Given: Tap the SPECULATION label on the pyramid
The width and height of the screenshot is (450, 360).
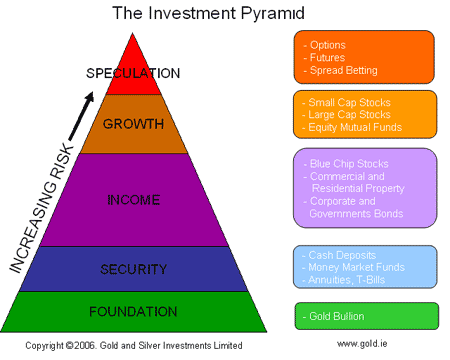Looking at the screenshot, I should (x=133, y=73).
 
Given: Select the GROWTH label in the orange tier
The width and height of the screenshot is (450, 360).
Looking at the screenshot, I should (x=134, y=125).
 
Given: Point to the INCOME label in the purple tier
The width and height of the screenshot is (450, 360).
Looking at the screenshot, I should (x=133, y=200).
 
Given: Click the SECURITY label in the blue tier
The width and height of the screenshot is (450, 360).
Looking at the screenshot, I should (x=133, y=268).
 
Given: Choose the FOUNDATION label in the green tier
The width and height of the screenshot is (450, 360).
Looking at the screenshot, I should (x=133, y=310).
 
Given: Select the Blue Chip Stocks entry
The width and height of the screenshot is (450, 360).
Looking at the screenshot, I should (x=347, y=163).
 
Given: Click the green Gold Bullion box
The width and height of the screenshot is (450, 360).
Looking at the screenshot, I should (x=366, y=315).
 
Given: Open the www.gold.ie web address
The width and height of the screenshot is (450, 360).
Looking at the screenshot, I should (x=362, y=344).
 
